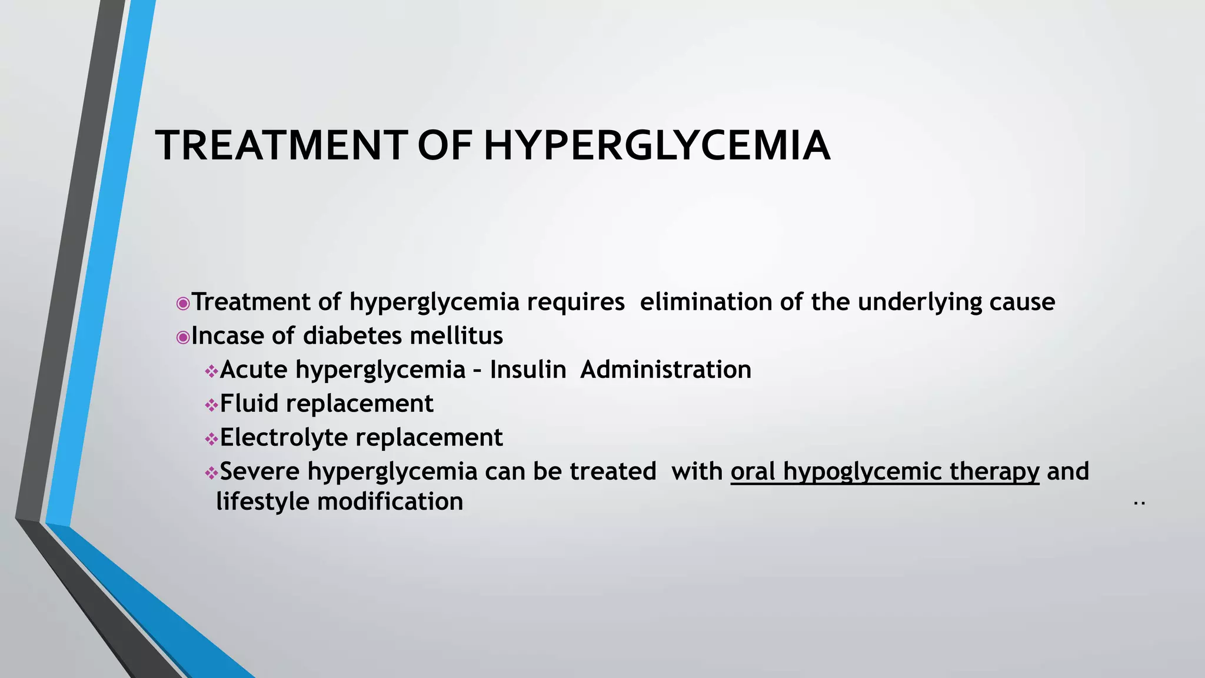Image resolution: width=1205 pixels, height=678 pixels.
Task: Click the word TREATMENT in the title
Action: (281, 145)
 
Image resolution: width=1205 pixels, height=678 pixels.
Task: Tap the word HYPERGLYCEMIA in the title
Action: (657, 145)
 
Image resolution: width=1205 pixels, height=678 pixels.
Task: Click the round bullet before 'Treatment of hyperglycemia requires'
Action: (183, 304)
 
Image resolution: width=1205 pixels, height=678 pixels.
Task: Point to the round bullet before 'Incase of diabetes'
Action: (183, 337)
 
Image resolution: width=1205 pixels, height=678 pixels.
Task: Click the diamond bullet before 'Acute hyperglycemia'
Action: (211, 371)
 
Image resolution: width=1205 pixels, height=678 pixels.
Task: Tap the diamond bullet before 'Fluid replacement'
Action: (211, 405)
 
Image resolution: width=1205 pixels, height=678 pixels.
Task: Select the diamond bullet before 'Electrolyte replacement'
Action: (211, 439)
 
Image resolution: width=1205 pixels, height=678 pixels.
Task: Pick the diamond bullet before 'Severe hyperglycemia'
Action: (211, 473)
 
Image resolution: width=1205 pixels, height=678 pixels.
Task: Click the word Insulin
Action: (528, 370)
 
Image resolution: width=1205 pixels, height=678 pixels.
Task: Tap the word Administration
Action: (665, 370)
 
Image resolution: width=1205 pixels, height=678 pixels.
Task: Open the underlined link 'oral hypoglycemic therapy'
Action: (885, 472)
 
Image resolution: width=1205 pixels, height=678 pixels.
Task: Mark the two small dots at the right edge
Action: (1139, 504)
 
